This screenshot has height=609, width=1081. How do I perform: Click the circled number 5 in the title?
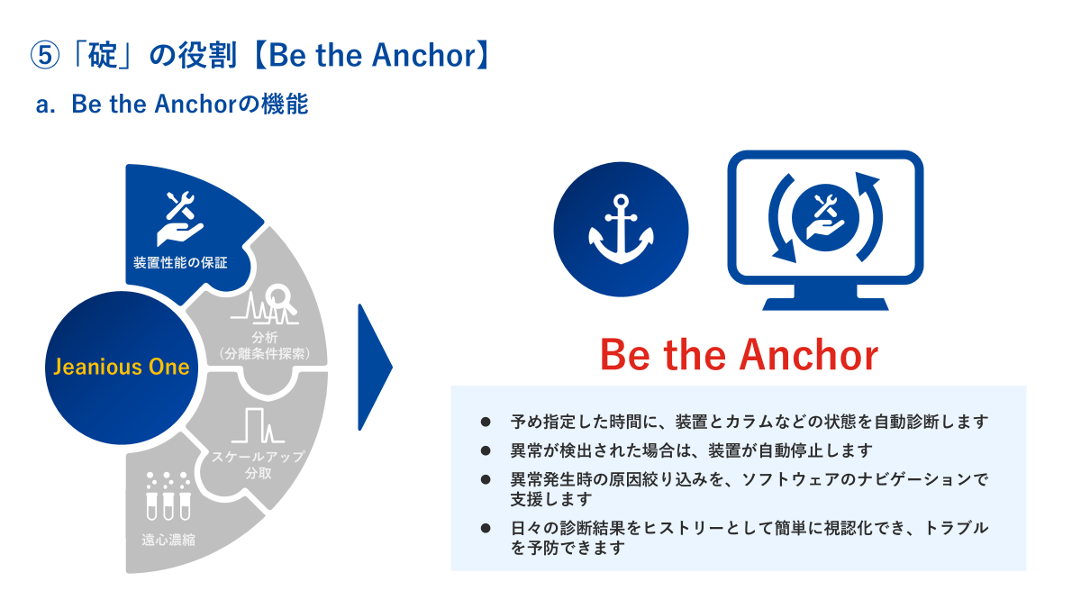pyautogui.click(x=45, y=55)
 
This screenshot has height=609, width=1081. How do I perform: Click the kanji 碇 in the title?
pyautogui.click(x=103, y=55)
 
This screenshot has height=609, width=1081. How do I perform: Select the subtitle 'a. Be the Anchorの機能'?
pyautogui.click(x=172, y=104)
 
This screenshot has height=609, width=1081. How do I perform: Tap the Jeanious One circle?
pyautogui.click(x=122, y=368)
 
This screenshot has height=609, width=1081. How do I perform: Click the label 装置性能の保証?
pyautogui.click(x=180, y=262)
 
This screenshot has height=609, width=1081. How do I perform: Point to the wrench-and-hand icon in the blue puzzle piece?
pyautogui.click(x=180, y=219)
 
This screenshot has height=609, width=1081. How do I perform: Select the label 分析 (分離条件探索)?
pyautogui.click(x=265, y=346)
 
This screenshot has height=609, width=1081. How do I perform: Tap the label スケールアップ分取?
pyautogui.click(x=259, y=464)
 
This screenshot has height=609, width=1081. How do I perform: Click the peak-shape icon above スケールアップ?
pyautogui.click(x=258, y=425)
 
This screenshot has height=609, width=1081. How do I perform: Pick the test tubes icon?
pyautogui.click(x=168, y=496)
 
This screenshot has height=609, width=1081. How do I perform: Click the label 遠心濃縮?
pyautogui.click(x=168, y=540)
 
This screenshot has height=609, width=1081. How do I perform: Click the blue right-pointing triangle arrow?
pyautogui.click(x=375, y=367)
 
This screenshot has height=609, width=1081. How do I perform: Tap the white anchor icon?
pyautogui.click(x=621, y=229)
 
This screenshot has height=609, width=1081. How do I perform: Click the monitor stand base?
pyautogui.click(x=825, y=304)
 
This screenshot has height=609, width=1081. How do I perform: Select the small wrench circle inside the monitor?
pyautogui.click(x=826, y=218)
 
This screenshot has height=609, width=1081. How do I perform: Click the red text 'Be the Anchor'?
pyautogui.click(x=739, y=355)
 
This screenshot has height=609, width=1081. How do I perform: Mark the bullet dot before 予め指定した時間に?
pyautogui.click(x=486, y=423)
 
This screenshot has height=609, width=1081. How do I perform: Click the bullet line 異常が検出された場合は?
pyautogui.click(x=692, y=450)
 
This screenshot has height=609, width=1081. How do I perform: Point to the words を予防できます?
pyautogui.click(x=568, y=548)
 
